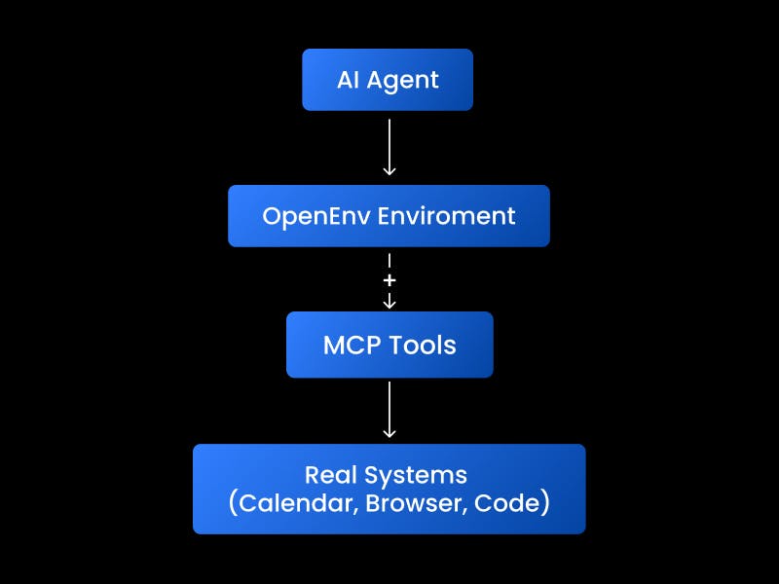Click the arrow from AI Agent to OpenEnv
[x=389, y=146]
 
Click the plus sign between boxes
[x=389, y=280]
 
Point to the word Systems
[x=415, y=475]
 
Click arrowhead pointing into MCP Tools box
[x=389, y=304]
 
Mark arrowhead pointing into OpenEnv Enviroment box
[x=389, y=170]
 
